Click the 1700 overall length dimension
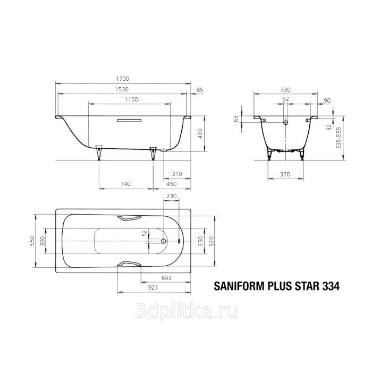coord(122,79)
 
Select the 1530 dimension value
coord(122,89)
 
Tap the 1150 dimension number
coord(131,99)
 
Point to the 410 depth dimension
coord(200,133)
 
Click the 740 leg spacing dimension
coord(125,184)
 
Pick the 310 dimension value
coord(177,174)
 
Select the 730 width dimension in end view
coord(285,90)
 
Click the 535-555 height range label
coord(339,138)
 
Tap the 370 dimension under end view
coord(285,174)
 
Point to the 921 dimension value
coord(153,288)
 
